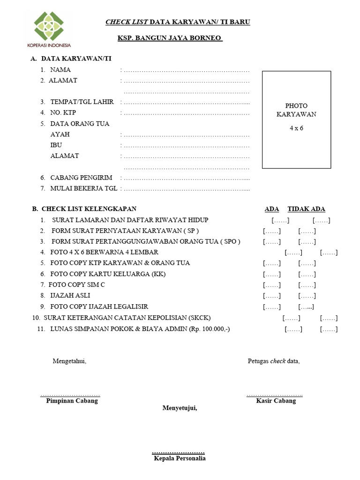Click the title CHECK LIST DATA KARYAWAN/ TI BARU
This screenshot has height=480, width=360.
click(x=178, y=22)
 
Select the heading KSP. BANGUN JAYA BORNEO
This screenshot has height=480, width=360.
click(x=170, y=38)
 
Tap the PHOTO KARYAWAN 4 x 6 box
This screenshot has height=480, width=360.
click(x=296, y=120)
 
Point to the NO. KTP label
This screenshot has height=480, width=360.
click(x=63, y=113)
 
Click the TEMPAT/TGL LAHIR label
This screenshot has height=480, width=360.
click(x=82, y=102)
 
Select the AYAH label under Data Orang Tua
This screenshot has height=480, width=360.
click(x=60, y=135)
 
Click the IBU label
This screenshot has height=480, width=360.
click(x=56, y=145)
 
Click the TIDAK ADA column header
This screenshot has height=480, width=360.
click(x=306, y=209)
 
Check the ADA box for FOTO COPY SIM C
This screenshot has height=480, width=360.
click(x=272, y=285)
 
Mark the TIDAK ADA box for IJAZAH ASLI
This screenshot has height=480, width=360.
click(x=307, y=296)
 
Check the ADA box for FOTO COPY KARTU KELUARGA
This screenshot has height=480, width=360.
click(x=272, y=274)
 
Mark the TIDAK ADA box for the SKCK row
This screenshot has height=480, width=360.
click(x=329, y=318)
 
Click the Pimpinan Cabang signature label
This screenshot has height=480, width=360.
click(x=72, y=401)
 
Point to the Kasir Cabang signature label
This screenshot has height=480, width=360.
click(x=276, y=401)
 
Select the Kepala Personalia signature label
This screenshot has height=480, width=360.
click(x=180, y=458)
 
